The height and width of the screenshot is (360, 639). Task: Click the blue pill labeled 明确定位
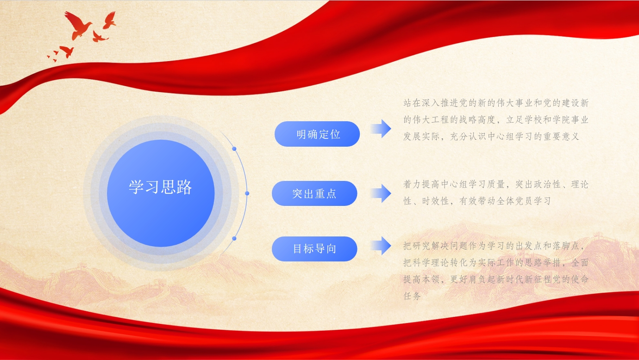pyautogui.click(x=317, y=134)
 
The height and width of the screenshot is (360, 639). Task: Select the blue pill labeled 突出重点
pyautogui.click(x=314, y=193)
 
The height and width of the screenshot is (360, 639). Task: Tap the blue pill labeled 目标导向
pyautogui.click(x=314, y=248)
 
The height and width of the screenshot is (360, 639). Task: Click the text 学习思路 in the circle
pyautogui.click(x=160, y=187)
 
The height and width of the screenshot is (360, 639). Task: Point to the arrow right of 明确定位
pyautogui.click(x=381, y=129)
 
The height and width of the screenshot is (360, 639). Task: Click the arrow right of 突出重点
pyautogui.click(x=381, y=193)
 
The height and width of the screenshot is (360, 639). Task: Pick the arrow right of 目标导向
pyautogui.click(x=381, y=245)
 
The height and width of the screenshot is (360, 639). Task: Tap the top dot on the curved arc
pyautogui.click(x=234, y=149)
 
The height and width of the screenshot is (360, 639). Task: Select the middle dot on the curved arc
pyautogui.click(x=247, y=193)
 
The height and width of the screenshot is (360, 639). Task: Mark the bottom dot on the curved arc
pyautogui.click(x=234, y=238)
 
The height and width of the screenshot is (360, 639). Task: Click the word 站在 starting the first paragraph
pyautogui.click(x=412, y=103)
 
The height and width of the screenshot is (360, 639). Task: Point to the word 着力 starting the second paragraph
pyautogui.click(x=412, y=185)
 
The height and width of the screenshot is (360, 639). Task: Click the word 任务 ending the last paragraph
pyautogui.click(x=412, y=296)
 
